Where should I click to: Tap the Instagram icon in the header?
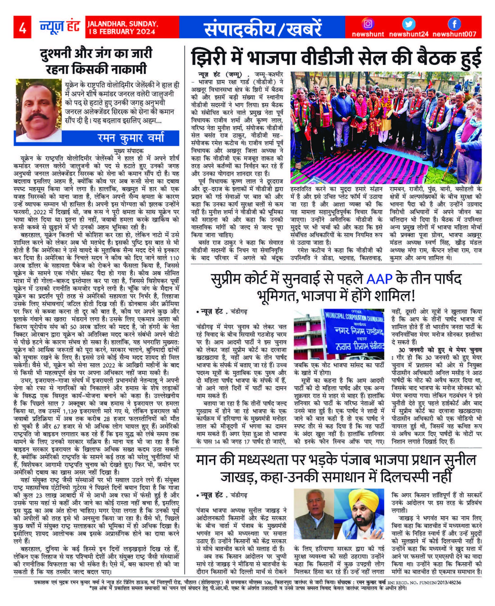click(368, 24)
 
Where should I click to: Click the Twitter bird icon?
click(409, 24)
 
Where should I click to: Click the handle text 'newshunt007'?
click(454, 35)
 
